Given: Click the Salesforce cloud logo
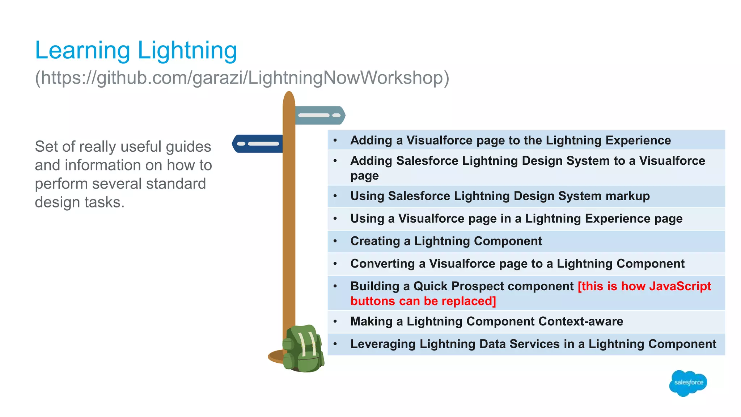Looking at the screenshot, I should pyautogui.click(x=688, y=383).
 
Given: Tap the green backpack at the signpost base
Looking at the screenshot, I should pyautogui.click(x=303, y=349).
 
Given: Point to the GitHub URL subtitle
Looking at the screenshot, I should pyautogui.click(x=242, y=77).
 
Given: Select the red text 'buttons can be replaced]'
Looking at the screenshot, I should pyautogui.click(x=423, y=301).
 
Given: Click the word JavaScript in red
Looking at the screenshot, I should pyautogui.click(x=680, y=286).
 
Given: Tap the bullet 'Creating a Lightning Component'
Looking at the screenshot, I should pyautogui.click(x=446, y=241).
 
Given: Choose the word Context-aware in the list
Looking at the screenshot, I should pyautogui.click(x=580, y=321).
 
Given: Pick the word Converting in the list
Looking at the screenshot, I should pyautogui.click(x=382, y=264).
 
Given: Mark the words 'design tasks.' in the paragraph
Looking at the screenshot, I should pyautogui.click(x=80, y=202).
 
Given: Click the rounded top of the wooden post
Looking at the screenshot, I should pyautogui.click(x=289, y=97).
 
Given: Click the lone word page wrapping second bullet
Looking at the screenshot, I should pyautogui.click(x=364, y=176).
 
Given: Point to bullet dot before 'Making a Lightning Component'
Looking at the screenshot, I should pyautogui.click(x=335, y=321).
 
